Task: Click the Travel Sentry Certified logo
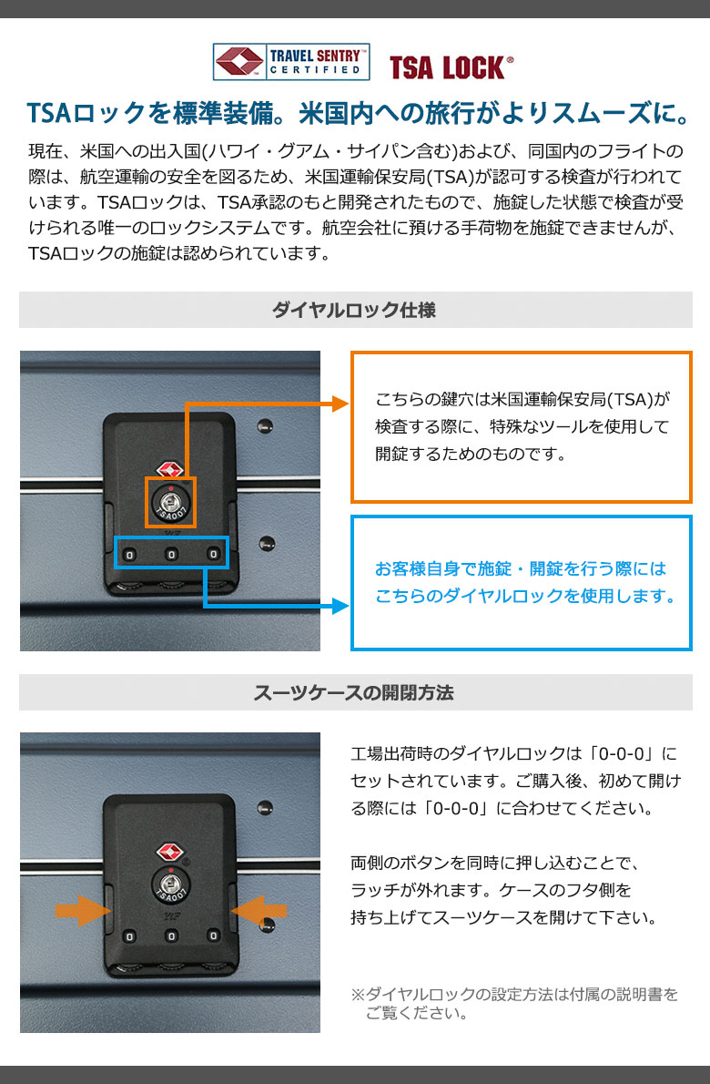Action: point(290,62)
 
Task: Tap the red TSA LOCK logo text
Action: point(451,67)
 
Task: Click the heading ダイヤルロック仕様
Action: point(354,310)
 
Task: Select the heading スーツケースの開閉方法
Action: point(353,692)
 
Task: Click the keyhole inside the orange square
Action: point(170,500)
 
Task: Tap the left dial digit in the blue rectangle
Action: point(130,555)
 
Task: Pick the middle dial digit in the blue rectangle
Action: point(172,554)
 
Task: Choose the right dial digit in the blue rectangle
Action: point(213,554)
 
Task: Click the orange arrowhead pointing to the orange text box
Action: point(341,404)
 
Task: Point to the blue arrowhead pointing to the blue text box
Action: point(341,607)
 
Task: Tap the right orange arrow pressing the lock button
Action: point(259,910)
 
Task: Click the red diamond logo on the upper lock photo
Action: point(170,471)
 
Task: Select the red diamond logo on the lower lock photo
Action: point(170,852)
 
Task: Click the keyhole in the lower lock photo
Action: point(170,882)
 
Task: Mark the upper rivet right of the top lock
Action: point(265,426)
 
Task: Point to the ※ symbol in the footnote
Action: point(358,994)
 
